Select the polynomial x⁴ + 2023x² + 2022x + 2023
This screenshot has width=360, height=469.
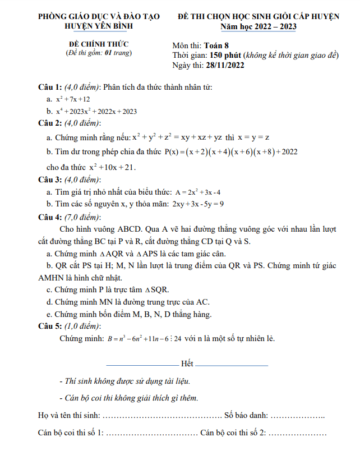tap(96, 111)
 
